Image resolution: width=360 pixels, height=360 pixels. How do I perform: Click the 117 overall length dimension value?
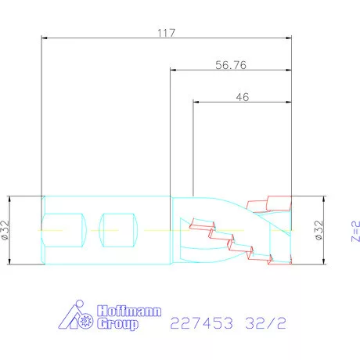(166, 33)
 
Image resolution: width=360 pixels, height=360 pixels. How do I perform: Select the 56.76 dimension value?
(231, 65)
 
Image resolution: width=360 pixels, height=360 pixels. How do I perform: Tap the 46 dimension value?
(243, 97)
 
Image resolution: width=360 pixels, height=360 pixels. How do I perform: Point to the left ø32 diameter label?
(5, 230)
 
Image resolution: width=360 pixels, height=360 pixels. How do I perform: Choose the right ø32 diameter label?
(319, 230)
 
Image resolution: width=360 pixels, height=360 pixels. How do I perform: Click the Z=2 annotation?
(355, 232)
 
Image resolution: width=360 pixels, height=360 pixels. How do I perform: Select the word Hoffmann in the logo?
(129, 311)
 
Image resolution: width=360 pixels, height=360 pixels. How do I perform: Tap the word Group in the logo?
(117, 324)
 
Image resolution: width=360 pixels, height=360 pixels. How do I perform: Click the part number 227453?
(201, 323)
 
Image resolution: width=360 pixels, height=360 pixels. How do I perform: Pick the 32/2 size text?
(265, 323)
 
